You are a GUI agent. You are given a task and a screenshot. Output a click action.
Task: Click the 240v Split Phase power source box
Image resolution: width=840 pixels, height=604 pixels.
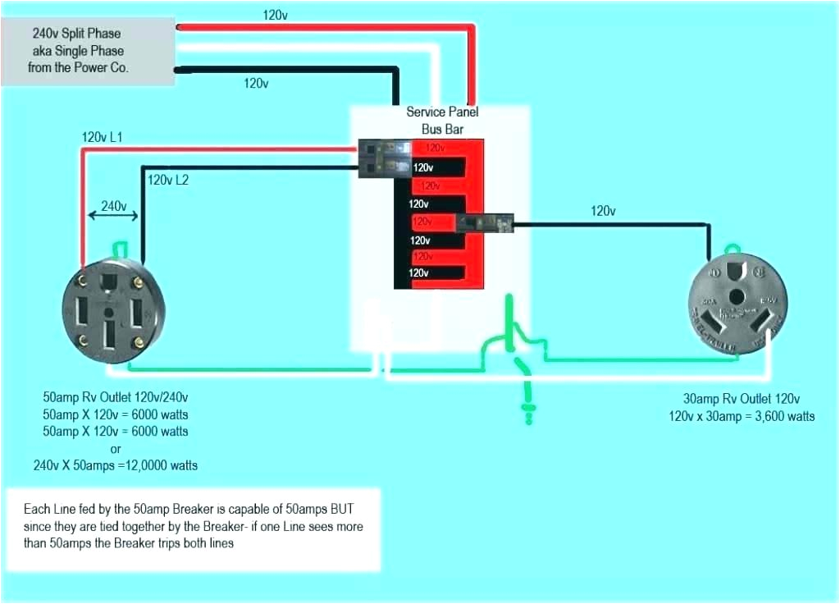point(87,51)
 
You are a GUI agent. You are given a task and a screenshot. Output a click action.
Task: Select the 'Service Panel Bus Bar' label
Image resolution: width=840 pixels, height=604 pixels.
point(442,120)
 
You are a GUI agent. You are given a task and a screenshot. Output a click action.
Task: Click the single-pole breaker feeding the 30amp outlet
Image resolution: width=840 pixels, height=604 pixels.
point(484,222)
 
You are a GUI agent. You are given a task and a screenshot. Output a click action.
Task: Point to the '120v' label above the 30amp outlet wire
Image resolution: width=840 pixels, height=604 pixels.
point(603,211)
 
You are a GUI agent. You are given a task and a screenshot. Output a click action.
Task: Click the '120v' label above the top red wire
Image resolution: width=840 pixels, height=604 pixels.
point(275,15)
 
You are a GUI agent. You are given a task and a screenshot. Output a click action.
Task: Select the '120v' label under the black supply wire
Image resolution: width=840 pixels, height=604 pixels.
point(256,83)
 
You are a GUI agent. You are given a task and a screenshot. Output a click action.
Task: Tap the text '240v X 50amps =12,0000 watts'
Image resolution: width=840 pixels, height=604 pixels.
point(115,465)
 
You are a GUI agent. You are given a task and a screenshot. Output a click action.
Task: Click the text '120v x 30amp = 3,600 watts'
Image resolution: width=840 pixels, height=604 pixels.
point(742,416)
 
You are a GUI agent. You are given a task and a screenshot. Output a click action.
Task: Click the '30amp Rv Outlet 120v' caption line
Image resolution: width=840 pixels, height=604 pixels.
point(741,399)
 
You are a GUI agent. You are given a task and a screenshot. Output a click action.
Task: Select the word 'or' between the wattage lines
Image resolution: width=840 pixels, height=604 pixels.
point(115,449)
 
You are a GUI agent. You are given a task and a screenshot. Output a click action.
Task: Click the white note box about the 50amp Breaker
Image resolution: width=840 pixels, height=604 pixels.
point(193,529)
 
